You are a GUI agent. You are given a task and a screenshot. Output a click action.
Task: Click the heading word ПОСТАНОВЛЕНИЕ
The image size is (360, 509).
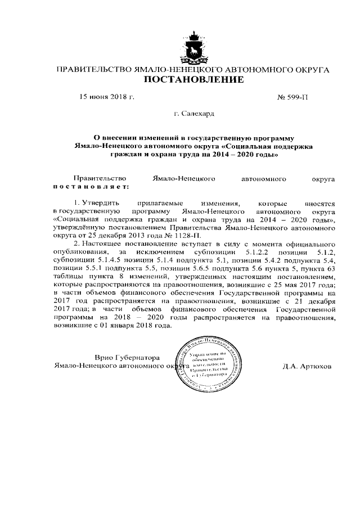tap(194, 80)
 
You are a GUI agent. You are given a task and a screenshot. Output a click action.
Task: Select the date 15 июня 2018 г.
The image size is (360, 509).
tap(107, 97)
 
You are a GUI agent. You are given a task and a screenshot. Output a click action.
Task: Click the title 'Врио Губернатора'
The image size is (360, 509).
tap(128, 358)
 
